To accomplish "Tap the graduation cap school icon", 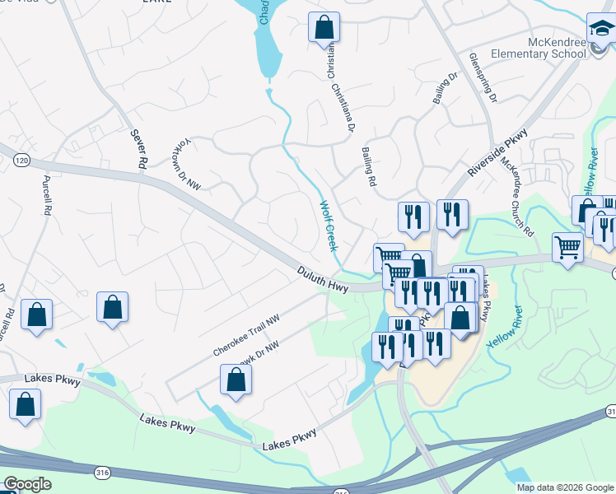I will coord(600,30).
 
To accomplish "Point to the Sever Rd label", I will coord(138,149).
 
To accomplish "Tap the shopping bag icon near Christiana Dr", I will coord(324,27).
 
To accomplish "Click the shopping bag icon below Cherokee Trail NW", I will coord(236,380).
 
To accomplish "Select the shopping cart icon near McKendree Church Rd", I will coord(568,247).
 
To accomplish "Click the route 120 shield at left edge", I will coord(22,161).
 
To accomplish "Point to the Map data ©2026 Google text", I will coord(565,487).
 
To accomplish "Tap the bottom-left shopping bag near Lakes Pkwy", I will coord(25,405).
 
